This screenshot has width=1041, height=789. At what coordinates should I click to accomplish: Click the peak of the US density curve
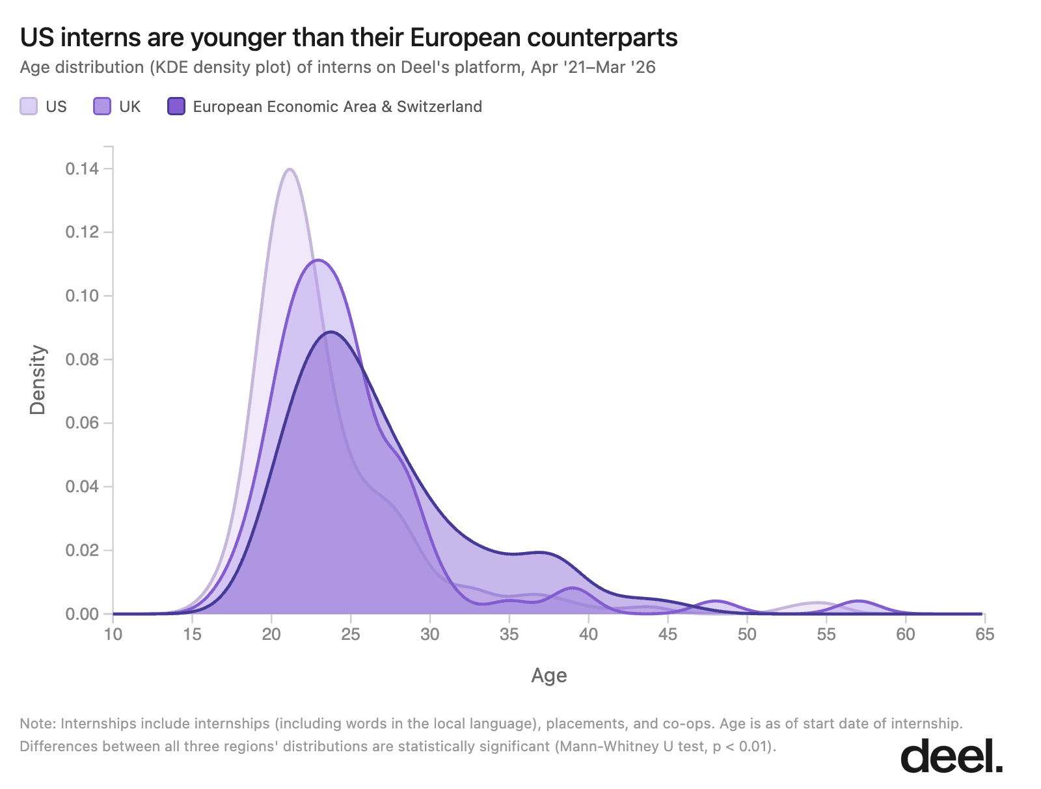290,169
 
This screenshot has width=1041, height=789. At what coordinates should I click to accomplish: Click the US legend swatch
29,107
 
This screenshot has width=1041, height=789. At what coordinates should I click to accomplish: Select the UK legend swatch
102,107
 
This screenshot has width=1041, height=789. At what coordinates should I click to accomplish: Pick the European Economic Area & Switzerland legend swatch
176,107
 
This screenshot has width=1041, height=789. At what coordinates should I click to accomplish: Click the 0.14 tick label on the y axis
82,169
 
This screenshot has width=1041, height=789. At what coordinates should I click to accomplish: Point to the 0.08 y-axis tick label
82,359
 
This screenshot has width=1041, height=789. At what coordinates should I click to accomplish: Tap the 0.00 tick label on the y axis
82,614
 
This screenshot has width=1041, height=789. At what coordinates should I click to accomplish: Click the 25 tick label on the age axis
351,635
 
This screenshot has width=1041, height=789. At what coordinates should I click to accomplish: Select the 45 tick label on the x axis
668,635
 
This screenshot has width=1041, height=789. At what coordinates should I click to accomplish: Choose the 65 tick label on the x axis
984,635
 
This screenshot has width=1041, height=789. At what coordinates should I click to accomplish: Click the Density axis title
38,380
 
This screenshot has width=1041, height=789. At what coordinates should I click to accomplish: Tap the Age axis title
548,676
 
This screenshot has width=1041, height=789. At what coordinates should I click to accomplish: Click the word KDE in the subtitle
166,68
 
